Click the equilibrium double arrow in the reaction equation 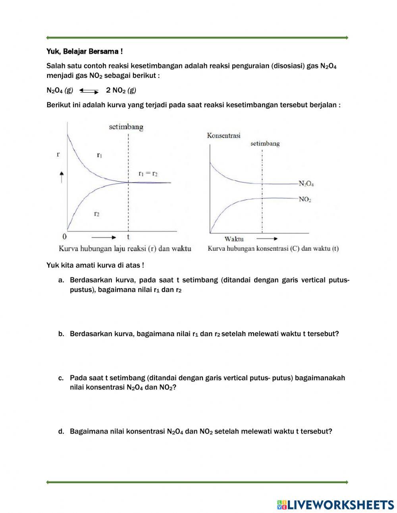tap(89, 91)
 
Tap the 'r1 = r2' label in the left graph tap(148, 174)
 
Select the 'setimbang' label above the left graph tap(126, 127)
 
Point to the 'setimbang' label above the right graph tap(265, 143)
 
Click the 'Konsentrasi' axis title tap(224, 136)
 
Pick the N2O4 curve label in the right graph tap(306, 184)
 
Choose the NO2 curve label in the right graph tap(305, 199)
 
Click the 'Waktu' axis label tap(234, 239)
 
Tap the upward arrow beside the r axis tap(62, 176)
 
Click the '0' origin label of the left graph tap(64, 237)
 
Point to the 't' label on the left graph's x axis tap(128, 237)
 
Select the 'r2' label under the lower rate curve tap(96, 214)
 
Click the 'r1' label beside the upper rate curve tap(99, 155)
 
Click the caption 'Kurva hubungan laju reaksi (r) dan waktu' tap(125, 249)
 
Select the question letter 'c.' tap(61, 378)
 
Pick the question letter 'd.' tap(61, 431)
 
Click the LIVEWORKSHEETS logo tap(335, 505)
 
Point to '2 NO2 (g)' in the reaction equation tap(121, 90)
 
